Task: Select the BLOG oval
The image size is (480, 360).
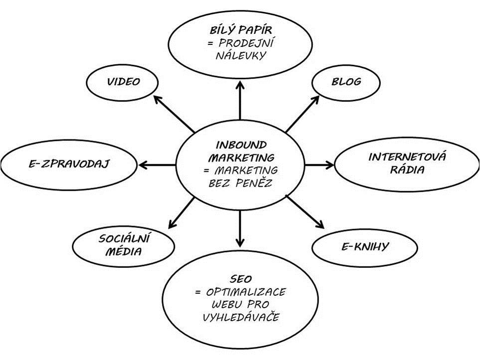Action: click(346, 81)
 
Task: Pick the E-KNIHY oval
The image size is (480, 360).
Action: click(359, 246)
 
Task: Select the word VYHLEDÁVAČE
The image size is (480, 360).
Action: click(241, 317)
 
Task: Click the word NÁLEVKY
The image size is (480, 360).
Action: click(241, 55)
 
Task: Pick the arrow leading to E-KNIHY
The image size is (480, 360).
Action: click(305, 213)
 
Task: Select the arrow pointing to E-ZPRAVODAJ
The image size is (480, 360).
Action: click(157, 164)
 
